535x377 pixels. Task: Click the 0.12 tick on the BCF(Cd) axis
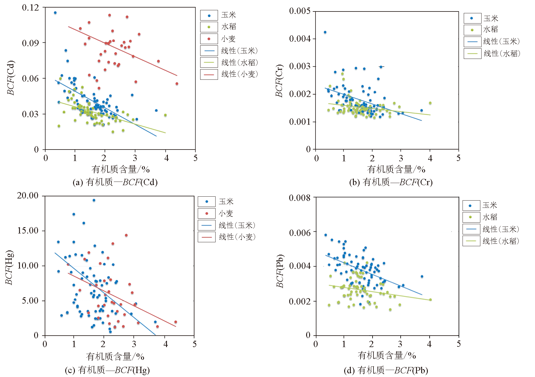coord(30,8)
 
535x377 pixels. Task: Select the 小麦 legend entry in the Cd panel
coord(228,39)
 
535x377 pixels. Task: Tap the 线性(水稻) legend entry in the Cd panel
coord(239,63)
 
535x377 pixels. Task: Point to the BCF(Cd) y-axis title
coord(11,78)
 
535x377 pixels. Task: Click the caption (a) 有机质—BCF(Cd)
coord(115,182)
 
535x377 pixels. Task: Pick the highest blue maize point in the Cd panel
coord(55,13)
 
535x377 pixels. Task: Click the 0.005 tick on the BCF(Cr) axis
coord(300,11)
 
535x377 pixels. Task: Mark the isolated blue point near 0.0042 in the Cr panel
coord(325,32)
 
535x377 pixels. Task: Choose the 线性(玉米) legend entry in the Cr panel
coord(501,41)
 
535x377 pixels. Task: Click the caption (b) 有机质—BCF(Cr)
coord(391,182)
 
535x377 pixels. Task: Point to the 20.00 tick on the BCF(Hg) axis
coord(28,196)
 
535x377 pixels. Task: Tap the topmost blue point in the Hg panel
coord(94,200)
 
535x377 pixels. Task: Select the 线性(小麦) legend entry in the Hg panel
coord(237,237)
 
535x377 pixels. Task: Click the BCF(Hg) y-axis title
coord(9,267)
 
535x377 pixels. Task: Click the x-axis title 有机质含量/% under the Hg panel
coord(115,356)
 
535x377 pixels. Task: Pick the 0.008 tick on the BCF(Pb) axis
coord(300,198)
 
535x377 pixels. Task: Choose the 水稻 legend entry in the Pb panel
coord(490,217)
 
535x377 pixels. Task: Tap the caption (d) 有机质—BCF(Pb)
coord(386,370)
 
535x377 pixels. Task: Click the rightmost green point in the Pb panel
coord(430,300)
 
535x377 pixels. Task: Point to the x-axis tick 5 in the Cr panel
coord(458,158)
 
